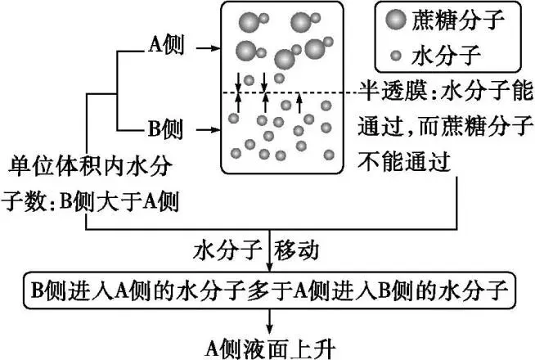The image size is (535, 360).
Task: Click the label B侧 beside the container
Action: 166,128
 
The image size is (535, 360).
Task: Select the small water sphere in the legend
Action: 396,56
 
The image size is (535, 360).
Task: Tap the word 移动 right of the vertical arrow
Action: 307,247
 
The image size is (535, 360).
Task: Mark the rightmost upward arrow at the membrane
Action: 299,103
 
